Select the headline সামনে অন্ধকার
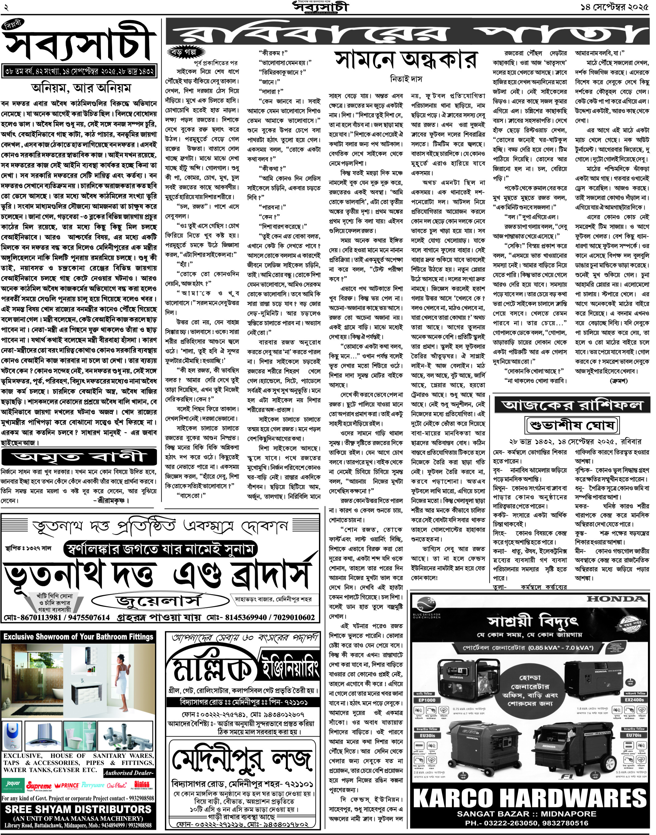406,60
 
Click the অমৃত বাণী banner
79,457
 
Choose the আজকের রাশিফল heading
572,405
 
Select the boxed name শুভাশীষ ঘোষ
572,425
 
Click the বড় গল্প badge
186,52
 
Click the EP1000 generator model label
427,700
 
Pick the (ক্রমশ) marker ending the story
619,381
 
